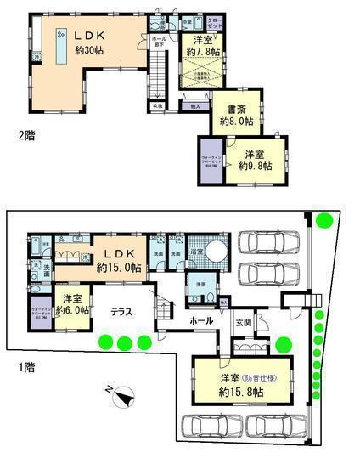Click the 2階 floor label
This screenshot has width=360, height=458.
(14, 133)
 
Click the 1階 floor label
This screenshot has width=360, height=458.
(16, 368)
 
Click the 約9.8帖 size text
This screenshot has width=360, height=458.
(255, 167)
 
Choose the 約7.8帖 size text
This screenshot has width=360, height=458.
(204, 52)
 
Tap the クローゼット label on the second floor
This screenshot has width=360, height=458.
(214, 22)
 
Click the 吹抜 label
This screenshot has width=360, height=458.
(157, 106)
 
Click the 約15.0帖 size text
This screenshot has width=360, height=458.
(115, 267)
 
